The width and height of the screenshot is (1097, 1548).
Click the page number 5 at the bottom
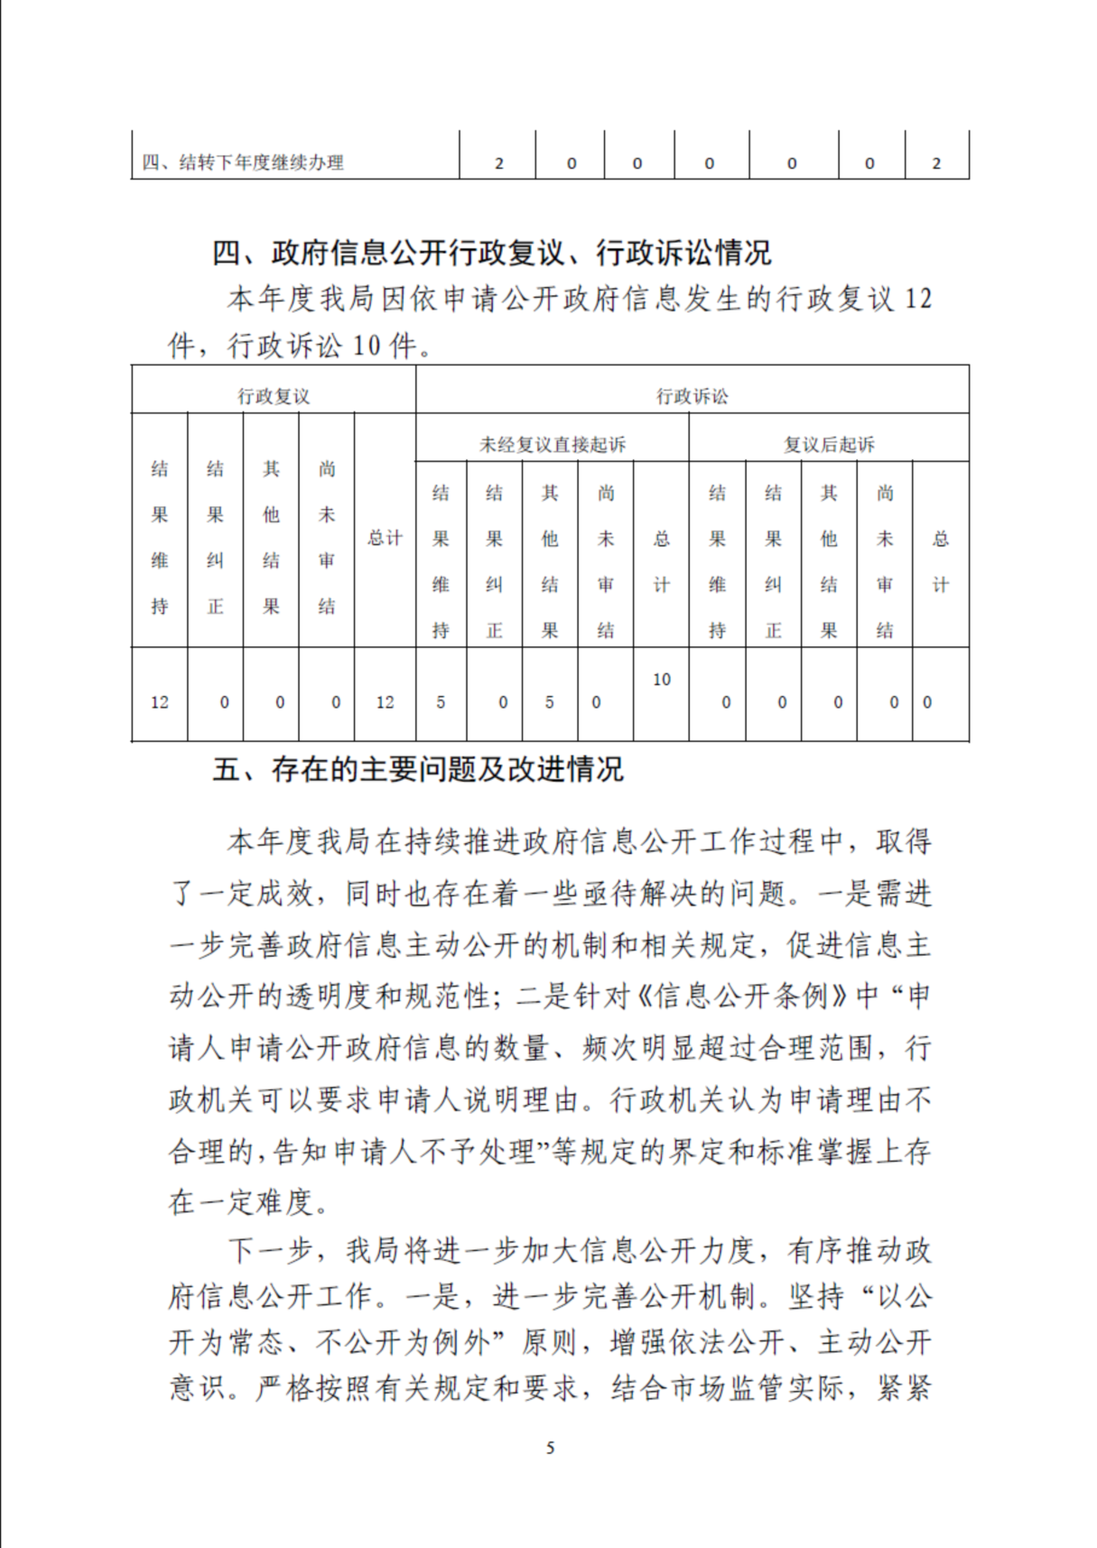tap(550, 1448)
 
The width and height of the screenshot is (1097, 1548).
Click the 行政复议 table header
tap(274, 396)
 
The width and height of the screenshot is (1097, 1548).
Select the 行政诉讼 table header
tap(692, 396)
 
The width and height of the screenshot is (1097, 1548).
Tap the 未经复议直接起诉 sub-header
tap(552, 444)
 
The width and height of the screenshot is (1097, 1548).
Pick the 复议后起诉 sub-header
tap(829, 444)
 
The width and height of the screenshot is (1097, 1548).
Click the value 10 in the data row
tap(661, 680)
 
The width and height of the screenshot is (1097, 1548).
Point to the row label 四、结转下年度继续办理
tap(243, 163)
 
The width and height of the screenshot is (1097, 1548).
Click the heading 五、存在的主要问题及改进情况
tap(417, 770)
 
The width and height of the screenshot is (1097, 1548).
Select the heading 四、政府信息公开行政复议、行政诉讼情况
tap(491, 254)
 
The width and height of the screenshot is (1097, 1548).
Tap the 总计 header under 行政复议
tap(385, 538)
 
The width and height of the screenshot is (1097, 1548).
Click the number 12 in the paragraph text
tap(917, 299)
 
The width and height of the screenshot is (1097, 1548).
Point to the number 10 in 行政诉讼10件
tap(367, 346)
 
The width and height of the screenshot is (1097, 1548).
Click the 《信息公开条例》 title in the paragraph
tap(743, 996)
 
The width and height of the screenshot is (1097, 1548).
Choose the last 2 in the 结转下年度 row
tap(936, 164)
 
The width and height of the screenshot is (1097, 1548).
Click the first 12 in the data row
tap(160, 702)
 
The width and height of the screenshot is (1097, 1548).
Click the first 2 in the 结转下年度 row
tap(499, 164)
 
